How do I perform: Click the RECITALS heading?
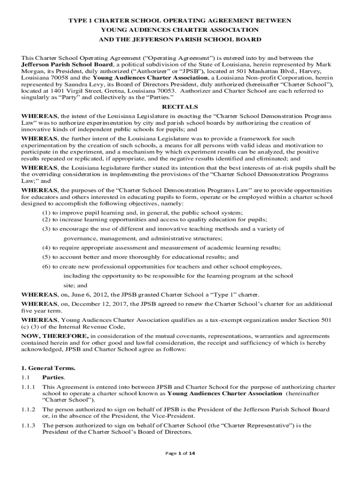[180, 107]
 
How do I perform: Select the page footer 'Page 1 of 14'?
[180, 453]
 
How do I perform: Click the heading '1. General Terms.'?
[48, 368]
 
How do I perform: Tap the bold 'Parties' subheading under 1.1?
[54, 377]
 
